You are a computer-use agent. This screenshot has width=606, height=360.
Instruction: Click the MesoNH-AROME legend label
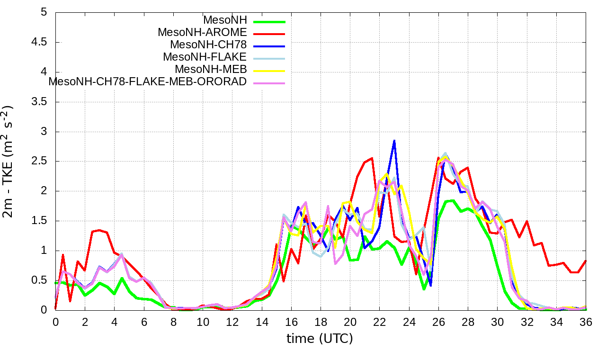202,33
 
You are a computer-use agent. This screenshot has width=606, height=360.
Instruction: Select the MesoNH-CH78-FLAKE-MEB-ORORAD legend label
148,81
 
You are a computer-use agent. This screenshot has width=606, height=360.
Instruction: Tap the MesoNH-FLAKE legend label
205,57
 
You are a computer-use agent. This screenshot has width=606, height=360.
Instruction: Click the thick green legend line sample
269,21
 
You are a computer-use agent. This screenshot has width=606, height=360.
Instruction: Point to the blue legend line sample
269,46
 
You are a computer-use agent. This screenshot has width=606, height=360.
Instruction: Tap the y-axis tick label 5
44,12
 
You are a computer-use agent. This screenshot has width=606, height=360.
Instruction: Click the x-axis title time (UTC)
320,339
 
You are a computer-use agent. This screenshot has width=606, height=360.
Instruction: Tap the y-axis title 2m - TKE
9,161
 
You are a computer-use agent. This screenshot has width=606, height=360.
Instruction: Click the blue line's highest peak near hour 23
394,141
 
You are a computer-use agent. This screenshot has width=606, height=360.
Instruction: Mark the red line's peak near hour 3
99,230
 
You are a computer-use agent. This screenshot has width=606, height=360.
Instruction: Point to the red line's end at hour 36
586,261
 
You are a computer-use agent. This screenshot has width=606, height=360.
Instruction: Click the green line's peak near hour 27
453,200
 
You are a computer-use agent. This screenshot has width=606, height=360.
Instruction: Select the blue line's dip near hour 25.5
431,286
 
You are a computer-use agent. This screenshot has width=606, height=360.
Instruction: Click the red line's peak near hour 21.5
372,158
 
